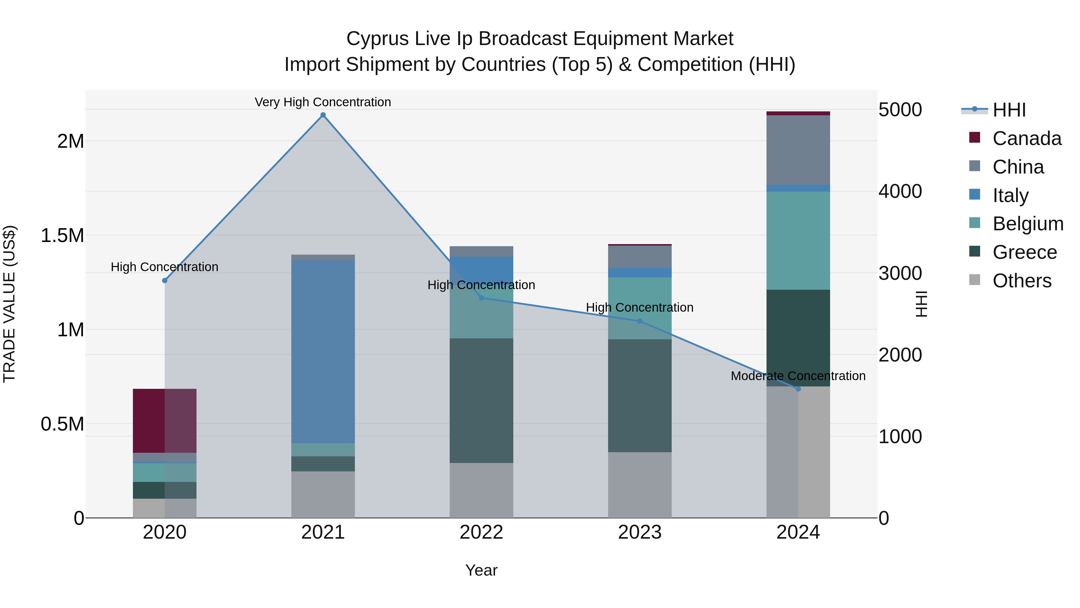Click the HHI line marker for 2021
click(323, 115)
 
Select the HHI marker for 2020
click(165, 280)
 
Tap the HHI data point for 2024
click(798, 389)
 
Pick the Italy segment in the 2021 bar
click(323, 351)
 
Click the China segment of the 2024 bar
click(798, 150)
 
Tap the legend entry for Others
click(1022, 280)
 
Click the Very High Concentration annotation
click(323, 102)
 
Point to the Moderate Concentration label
click(798, 376)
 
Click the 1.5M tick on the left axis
click(62, 235)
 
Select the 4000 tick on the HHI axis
click(900, 191)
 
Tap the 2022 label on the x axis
click(481, 532)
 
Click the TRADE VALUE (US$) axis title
click(9, 304)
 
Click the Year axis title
click(481, 570)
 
